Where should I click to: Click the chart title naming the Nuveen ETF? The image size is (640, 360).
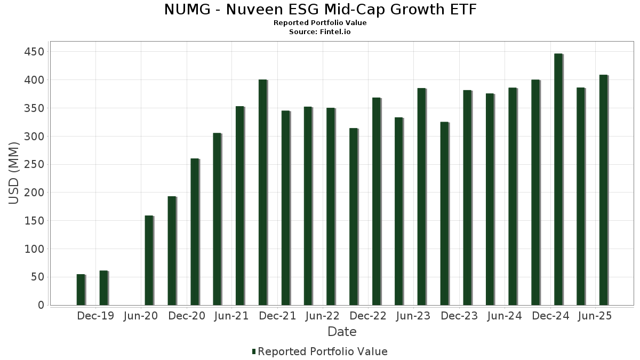320,10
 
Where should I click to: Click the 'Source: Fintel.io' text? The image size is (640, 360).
320,32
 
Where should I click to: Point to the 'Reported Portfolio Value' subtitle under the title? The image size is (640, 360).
320,23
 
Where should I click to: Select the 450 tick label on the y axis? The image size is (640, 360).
34,52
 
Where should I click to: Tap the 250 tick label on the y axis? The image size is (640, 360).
34,164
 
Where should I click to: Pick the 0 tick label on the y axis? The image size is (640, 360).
41,305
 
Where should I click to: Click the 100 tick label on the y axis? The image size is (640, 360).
34,249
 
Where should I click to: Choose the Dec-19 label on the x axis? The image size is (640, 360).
95,316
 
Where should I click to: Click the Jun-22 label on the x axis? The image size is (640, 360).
322,316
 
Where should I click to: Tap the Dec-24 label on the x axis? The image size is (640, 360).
550,316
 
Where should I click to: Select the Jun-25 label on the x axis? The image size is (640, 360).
595,316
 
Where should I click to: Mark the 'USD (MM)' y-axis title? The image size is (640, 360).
14,173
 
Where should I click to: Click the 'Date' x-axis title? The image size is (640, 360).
342,332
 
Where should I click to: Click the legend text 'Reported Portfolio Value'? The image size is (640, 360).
323,351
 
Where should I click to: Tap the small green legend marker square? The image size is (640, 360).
254,351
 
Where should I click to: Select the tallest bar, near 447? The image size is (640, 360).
558,179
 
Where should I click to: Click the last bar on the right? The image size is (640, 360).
603,190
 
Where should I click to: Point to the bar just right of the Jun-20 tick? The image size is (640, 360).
149,260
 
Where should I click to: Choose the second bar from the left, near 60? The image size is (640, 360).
103,288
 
